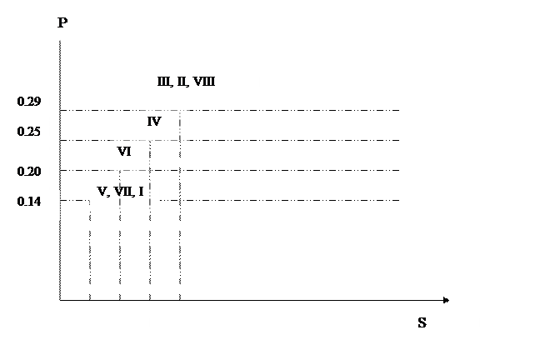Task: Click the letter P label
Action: pyautogui.click(x=62, y=23)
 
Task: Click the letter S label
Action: pyautogui.click(x=422, y=323)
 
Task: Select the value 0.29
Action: pyautogui.click(x=29, y=102)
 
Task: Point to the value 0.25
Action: pyautogui.click(x=29, y=132)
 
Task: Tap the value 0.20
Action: pyautogui.click(x=29, y=172)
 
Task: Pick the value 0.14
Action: pyautogui.click(x=29, y=202)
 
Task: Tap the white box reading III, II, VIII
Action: pyautogui.click(x=204, y=85)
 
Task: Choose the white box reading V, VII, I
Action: pyautogui.click(x=124, y=195)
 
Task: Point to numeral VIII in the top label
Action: pyautogui.click(x=204, y=82)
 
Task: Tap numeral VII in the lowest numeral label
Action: pyautogui.click(x=125, y=192)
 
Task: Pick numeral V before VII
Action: pyautogui.click(x=102, y=192)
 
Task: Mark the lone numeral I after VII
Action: pyautogui.click(x=141, y=192)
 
